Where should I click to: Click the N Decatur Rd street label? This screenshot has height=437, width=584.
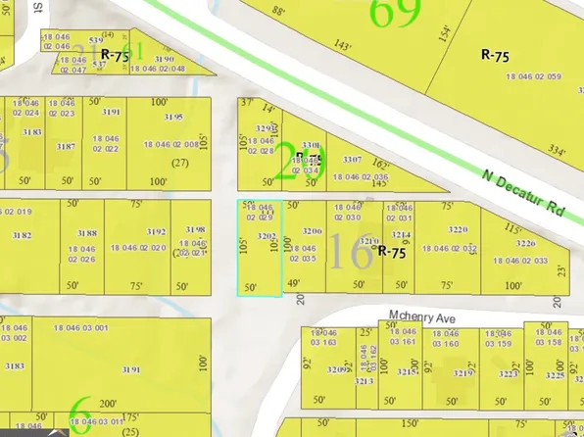(525, 193)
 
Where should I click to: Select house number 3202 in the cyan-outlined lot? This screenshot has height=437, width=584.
(264, 236)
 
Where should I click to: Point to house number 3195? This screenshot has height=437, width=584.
(173, 117)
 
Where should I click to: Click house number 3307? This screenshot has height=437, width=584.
(352, 159)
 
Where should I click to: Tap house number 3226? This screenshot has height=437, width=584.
(526, 244)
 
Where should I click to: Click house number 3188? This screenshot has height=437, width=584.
(87, 233)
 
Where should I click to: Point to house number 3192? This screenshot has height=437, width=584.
(156, 232)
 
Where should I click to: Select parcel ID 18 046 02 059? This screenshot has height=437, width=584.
(527, 75)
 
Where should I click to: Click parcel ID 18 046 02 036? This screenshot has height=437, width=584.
(360, 176)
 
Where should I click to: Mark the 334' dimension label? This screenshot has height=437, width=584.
(559, 150)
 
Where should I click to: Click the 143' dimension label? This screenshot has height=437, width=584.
(342, 45)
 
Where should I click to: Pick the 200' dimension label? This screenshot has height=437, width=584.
(107, 403)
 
